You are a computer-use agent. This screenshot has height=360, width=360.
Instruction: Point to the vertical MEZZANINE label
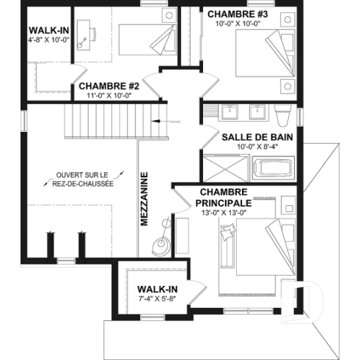click(145, 199)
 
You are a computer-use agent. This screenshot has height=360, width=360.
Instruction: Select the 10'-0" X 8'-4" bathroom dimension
click(252, 147)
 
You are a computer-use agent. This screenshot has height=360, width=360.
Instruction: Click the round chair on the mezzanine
click(160, 243)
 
